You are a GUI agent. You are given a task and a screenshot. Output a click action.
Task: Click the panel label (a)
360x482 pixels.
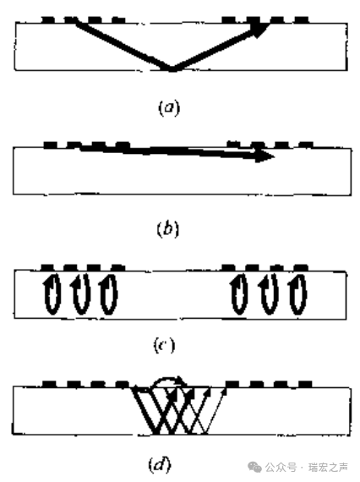169,107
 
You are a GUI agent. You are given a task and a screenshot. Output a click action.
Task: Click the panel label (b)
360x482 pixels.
167,229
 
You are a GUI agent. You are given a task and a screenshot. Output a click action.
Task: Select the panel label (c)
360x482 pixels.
164,345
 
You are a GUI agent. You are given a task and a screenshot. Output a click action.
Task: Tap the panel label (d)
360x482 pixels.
160,464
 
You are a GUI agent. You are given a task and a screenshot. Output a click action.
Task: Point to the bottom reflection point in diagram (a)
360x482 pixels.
172,69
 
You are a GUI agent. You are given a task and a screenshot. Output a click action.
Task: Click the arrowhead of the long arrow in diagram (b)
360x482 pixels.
265,156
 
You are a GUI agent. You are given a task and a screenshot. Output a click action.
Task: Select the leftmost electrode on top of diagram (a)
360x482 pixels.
48,19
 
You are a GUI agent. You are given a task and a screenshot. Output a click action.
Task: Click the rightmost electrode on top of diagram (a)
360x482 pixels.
302,19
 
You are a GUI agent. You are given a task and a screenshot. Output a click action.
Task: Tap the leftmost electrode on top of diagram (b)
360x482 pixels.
51,145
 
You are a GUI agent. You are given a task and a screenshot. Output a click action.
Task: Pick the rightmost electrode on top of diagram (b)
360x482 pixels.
306,145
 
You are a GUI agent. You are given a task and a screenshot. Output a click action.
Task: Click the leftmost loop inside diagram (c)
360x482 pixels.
52,294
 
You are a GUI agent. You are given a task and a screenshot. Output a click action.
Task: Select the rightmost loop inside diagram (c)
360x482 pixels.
298,294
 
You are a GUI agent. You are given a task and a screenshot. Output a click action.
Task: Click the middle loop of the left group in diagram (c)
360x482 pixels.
80,294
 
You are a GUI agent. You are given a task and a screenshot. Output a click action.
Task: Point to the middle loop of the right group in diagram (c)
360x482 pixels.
270,294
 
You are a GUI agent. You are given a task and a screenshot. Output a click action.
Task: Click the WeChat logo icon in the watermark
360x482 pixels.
254,466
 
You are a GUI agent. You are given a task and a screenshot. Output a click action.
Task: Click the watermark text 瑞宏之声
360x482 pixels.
329,468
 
